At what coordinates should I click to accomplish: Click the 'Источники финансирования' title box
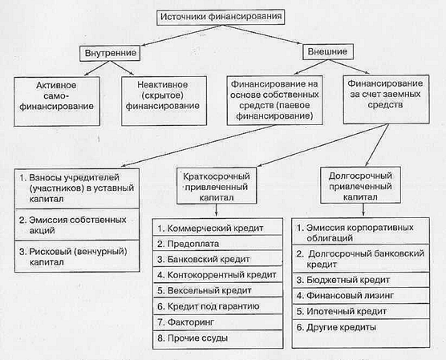coord(221,17)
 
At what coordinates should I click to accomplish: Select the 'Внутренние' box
coord(110,53)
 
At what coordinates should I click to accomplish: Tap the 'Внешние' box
coord(327,52)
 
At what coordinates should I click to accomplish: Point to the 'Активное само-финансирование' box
coord(57,101)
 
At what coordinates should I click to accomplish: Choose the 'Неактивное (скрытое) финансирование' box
coord(164,101)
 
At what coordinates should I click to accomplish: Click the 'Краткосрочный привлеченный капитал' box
coord(217,186)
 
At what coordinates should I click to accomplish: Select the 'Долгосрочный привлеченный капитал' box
coord(360,185)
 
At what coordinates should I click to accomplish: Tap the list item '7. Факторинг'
coord(186,322)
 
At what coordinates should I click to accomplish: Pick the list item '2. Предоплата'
coord(188,244)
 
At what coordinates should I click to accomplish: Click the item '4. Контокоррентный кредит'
coord(217,275)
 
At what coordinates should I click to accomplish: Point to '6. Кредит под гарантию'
coord(209,306)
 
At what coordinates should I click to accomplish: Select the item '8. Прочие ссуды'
coord(193,338)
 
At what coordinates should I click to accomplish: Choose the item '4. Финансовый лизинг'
coord(345,296)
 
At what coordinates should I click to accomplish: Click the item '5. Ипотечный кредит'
coord(342,312)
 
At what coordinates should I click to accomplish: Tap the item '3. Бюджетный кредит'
coord(343,280)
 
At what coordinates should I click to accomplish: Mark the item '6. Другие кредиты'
coord(336,328)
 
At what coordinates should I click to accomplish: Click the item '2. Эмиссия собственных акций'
coord(73,225)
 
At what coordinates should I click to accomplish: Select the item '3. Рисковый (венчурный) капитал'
coord(73,257)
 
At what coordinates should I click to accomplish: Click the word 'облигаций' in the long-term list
coord(330,238)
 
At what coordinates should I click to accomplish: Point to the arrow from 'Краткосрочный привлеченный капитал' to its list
coord(217,210)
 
